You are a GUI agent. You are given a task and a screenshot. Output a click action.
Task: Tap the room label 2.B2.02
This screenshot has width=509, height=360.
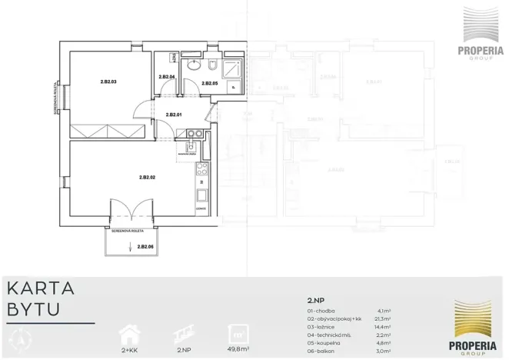click(x=148, y=178)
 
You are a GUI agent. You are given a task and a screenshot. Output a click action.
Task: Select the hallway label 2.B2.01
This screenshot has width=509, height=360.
click(x=174, y=115)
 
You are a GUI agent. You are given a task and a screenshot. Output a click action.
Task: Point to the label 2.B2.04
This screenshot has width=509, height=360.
click(x=166, y=77)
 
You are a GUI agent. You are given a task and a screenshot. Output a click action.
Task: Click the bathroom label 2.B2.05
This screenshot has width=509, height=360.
click(x=209, y=83)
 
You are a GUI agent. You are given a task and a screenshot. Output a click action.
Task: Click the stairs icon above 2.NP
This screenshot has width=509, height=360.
click(x=183, y=332)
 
